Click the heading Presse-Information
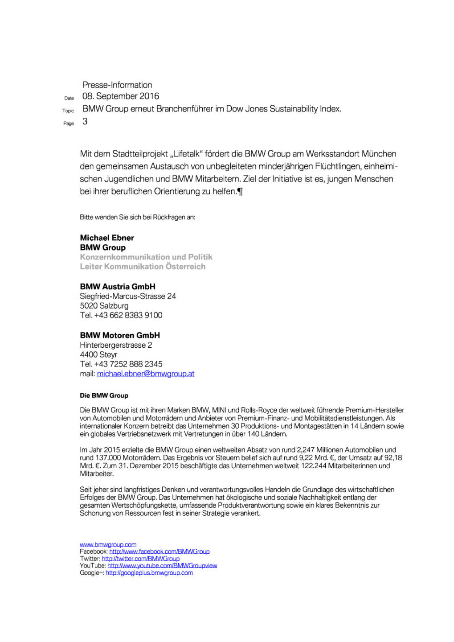(x=117, y=85)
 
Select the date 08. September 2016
(x=121, y=96)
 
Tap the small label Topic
(x=68, y=111)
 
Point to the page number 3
(x=85, y=121)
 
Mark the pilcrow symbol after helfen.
(x=241, y=192)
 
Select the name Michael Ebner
(x=107, y=238)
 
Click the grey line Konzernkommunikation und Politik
(x=146, y=257)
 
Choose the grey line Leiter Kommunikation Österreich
(x=143, y=267)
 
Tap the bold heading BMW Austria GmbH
(x=118, y=286)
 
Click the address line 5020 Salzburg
(x=104, y=306)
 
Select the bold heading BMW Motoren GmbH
(x=120, y=335)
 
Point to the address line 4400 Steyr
(x=98, y=354)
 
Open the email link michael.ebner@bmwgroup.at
(x=146, y=374)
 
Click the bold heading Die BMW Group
(x=104, y=395)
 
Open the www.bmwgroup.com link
(x=108, y=544)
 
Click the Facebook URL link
(x=160, y=551)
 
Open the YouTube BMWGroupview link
(x=162, y=566)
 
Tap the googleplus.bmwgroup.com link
(x=149, y=573)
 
